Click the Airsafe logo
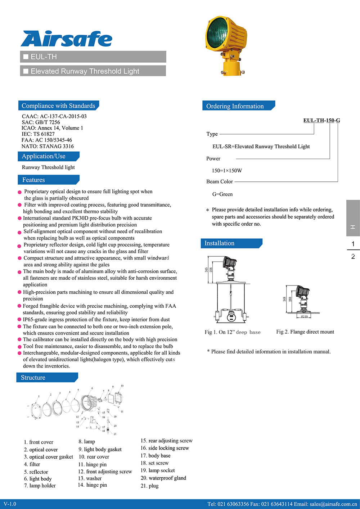click(x=67, y=39)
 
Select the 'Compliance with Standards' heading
click(x=58, y=106)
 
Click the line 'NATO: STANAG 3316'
click(x=48, y=146)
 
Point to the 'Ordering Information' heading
click(x=235, y=106)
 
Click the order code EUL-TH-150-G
click(x=321, y=120)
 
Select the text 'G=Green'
click(x=222, y=194)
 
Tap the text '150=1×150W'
click(x=227, y=171)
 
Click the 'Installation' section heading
click(x=219, y=243)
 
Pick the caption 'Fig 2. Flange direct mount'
click(x=305, y=332)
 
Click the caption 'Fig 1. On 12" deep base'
click(x=232, y=332)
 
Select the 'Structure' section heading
click(x=33, y=378)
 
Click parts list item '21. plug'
click(x=149, y=486)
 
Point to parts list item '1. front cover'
click(x=39, y=442)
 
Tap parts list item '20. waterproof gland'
click(x=163, y=478)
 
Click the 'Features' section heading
click(x=33, y=180)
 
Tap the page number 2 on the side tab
click(x=353, y=257)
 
